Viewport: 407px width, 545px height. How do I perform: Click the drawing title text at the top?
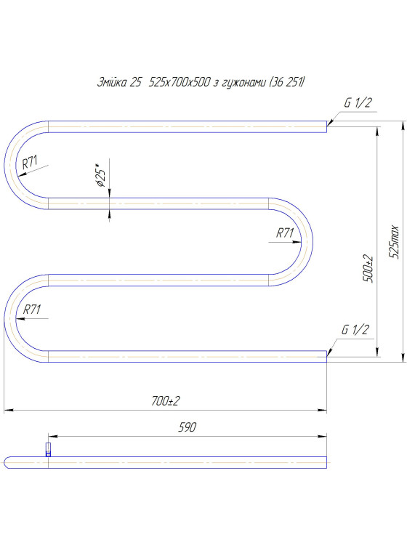[x=201, y=82]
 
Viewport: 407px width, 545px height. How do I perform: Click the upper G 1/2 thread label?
[x=358, y=102]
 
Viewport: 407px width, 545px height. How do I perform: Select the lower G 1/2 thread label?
[x=355, y=329]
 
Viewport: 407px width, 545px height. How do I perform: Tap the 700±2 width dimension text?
[x=166, y=401]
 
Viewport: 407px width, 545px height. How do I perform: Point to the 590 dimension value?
[x=187, y=427]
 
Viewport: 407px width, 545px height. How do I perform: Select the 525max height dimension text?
[x=394, y=241]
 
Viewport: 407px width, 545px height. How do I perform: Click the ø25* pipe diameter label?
[x=100, y=177]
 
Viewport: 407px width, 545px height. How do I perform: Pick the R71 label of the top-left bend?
[x=30, y=162]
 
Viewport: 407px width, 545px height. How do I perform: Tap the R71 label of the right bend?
[x=285, y=233]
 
